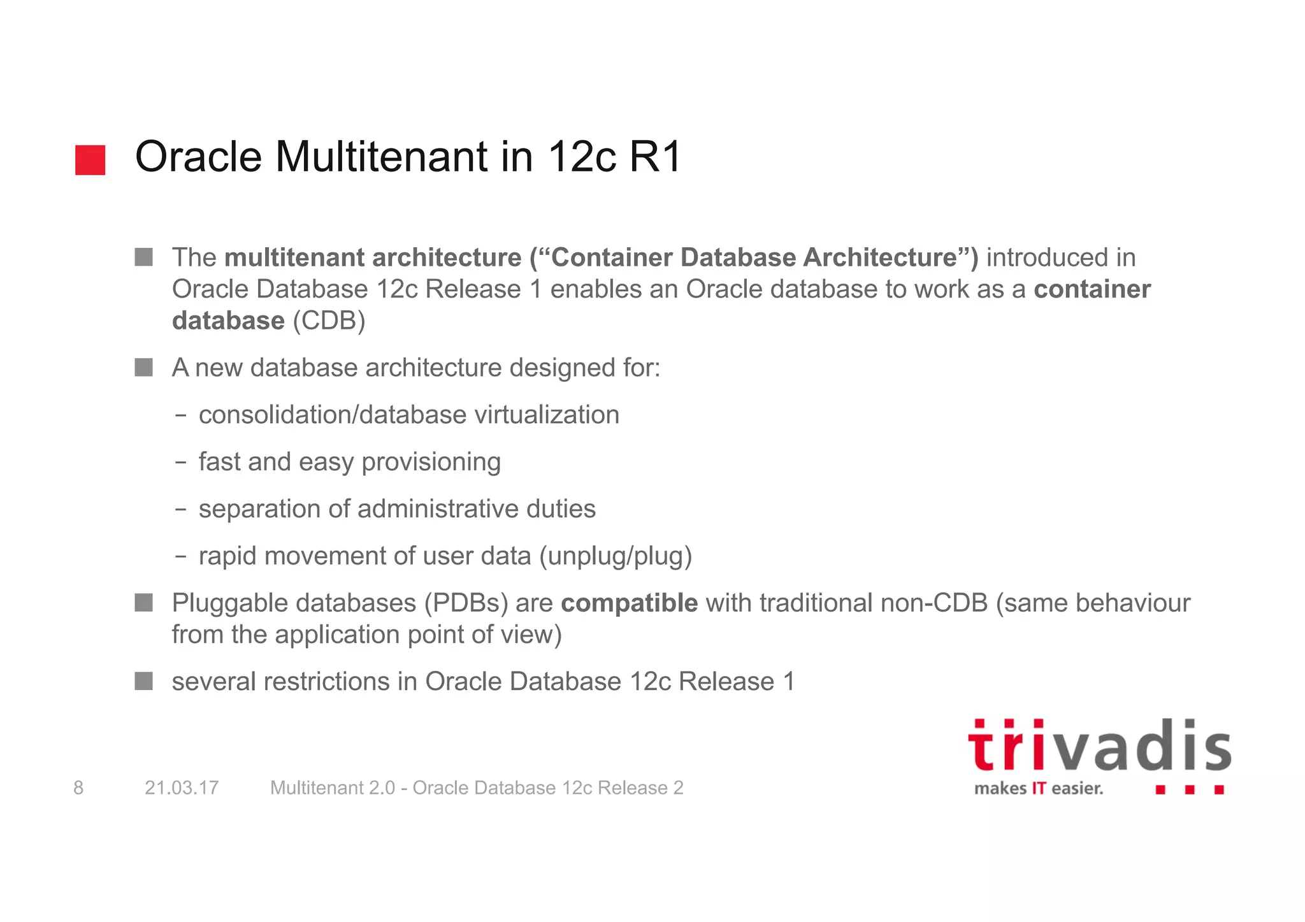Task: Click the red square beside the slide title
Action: pyautogui.click(x=90, y=160)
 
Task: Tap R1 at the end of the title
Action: pyautogui.click(x=656, y=157)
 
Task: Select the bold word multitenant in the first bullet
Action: pyautogui.click(x=294, y=257)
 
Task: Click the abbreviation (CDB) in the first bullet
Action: pyautogui.click(x=329, y=321)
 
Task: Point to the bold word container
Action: pyautogui.click(x=1092, y=289)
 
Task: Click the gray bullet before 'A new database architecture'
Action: pyautogui.click(x=144, y=368)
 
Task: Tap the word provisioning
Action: pyautogui.click(x=431, y=463)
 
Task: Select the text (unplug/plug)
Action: pyautogui.click(x=615, y=556)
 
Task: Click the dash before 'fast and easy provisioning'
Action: pyautogui.click(x=181, y=463)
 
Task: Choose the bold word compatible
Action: pyautogui.click(x=629, y=603)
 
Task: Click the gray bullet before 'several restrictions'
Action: pyautogui.click(x=144, y=682)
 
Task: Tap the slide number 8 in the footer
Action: pyautogui.click(x=78, y=788)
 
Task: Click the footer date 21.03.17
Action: pyautogui.click(x=182, y=788)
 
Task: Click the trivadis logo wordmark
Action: pyautogui.click(x=1099, y=746)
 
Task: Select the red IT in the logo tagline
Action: pyautogui.click(x=1039, y=789)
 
